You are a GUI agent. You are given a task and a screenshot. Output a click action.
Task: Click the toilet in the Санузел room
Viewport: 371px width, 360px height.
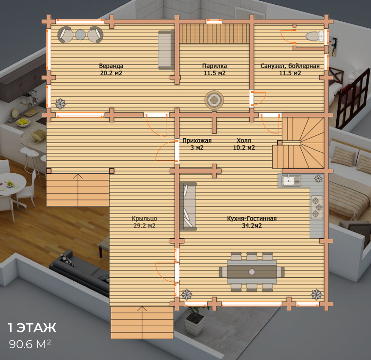(x=314, y=36)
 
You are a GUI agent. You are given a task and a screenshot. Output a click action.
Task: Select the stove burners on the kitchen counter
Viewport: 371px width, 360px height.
(x=317, y=207)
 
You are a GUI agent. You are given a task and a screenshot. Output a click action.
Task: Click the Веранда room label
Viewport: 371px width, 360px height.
(x=111, y=66)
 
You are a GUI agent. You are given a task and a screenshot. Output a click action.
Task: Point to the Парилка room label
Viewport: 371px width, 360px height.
(x=215, y=66)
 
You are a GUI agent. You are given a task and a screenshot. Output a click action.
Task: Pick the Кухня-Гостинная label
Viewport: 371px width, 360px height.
(x=252, y=219)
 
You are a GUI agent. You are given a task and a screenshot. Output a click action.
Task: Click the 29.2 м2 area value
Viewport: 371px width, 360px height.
(x=144, y=226)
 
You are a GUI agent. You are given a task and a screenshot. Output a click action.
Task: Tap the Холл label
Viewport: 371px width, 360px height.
(x=244, y=141)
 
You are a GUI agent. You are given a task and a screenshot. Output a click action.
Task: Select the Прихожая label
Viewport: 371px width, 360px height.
(x=197, y=141)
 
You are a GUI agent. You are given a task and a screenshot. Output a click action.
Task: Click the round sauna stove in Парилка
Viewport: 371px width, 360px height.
(x=214, y=100)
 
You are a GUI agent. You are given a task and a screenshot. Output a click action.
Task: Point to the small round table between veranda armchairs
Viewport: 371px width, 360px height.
(x=80, y=35)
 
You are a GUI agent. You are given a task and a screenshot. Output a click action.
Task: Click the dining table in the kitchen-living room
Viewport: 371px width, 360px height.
(x=252, y=271)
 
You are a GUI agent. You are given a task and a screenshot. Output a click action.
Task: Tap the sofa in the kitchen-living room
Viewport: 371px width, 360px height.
(x=188, y=206)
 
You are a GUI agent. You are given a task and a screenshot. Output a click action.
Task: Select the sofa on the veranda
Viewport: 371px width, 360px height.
(x=166, y=50)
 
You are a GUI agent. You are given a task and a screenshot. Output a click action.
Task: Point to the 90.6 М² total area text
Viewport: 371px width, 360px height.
(x=30, y=344)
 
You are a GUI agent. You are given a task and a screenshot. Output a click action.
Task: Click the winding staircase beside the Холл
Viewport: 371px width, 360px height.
(x=303, y=143)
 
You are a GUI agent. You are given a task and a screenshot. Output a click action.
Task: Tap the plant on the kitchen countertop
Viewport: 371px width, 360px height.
(x=318, y=179)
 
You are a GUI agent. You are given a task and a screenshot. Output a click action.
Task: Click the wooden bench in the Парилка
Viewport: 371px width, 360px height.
(x=215, y=34)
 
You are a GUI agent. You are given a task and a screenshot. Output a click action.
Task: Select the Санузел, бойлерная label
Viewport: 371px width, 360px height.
(x=290, y=66)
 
